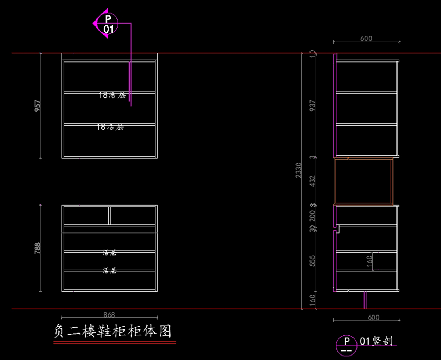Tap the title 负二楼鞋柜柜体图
pos(112,331)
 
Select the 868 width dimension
pos(109,315)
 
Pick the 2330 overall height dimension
pos(298,170)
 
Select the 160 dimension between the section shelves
pos(369,261)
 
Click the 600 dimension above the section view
pos(366,38)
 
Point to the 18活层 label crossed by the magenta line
pos(112,95)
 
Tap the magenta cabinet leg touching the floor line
pos(365,300)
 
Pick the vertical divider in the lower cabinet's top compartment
pos(110,215)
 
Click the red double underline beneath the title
pos(115,343)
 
